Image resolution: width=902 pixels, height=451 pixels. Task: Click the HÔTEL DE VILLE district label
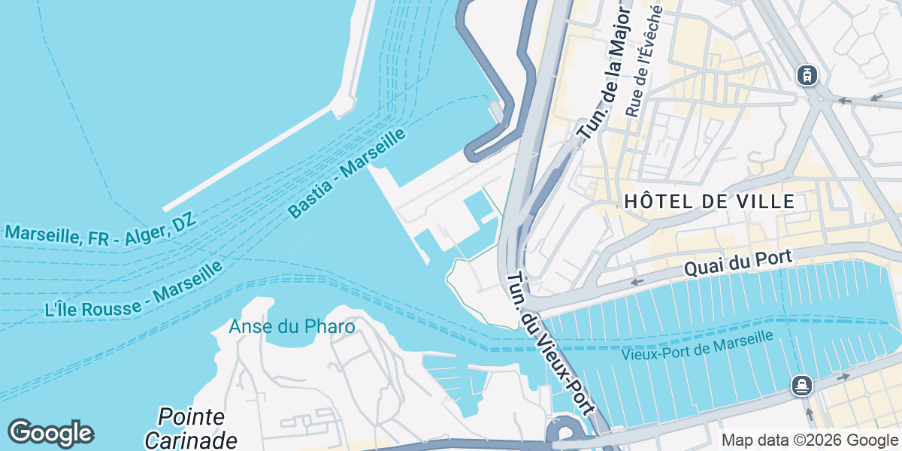(x=710, y=201)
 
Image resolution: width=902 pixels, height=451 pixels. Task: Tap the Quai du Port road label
(x=737, y=263)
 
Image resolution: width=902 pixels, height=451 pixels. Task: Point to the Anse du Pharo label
(x=292, y=327)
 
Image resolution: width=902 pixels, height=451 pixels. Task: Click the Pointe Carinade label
(x=191, y=428)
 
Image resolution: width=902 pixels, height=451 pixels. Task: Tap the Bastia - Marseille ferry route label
(x=347, y=173)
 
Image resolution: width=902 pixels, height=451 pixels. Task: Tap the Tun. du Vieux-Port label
(x=552, y=343)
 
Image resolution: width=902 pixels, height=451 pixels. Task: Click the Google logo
(x=50, y=433)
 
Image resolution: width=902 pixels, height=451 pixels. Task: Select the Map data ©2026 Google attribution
(x=810, y=440)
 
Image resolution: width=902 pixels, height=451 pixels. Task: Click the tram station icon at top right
(x=807, y=75)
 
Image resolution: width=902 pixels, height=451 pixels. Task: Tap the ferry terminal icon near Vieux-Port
(x=802, y=386)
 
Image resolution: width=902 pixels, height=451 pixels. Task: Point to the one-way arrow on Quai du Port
(x=637, y=282)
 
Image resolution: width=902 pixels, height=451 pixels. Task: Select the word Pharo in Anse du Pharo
(x=331, y=327)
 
